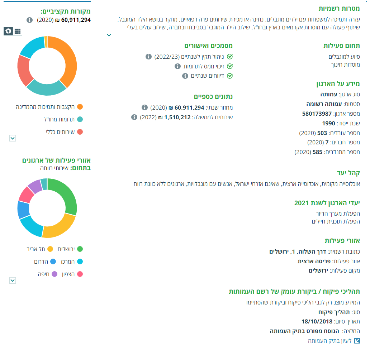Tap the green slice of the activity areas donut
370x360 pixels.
(x=68, y=195)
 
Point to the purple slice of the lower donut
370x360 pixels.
(x=35, y=186)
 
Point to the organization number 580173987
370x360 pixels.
(x=317, y=114)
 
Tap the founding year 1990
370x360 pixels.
(x=328, y=123)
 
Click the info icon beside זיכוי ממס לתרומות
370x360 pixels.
(x=177, y=66)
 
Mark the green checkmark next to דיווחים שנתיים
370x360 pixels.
(x=230, y=76)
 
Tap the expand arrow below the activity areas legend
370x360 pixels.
(x=13, y=280)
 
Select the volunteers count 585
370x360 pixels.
(x=317, y=152)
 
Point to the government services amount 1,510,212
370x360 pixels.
(x=177, y=117)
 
